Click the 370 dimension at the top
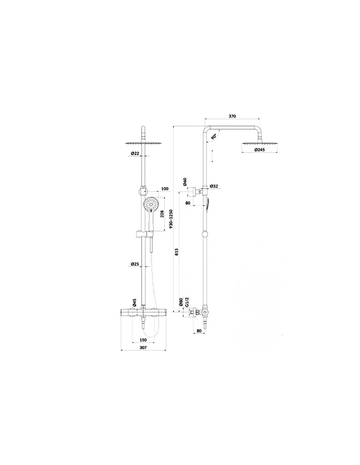pyautogui.click(x=232, y=116)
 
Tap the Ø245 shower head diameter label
pyautogui.click(x=260, y=150)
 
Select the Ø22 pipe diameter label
pyautogui.click(x=135, y=153)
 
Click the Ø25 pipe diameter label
pyautogui.click(x=135, y=264)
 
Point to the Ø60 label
pyautogui.click(x=185, y=182)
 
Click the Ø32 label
pyautogui.click(x=214, y=186)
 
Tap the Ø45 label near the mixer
pyautogui.click(x=134, y=302)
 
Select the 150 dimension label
pyautogui.click(x=143, y=340)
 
